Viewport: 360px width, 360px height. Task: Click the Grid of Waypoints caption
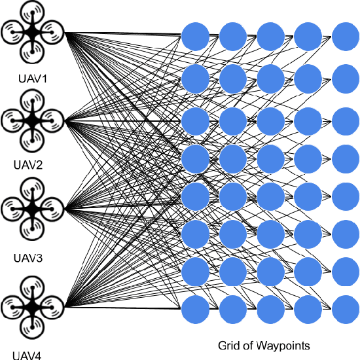[x=264, y=345]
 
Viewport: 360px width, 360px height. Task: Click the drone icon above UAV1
[x=32, y=31]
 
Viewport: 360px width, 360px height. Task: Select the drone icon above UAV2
[x=33, y=120]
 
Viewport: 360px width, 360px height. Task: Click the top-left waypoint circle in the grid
[x=194, y=36]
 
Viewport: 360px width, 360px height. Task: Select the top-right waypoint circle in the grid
[x=346, y=36]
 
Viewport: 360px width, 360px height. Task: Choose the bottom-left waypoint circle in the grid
[x=194, y=309]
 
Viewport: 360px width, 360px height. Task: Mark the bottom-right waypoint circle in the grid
[x=346, y=309]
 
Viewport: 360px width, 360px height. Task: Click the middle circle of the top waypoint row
[x=270, y=36]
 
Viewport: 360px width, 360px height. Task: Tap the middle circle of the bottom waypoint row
[x=270, y=309]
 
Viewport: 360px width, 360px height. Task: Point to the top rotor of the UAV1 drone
[x=33, y=11]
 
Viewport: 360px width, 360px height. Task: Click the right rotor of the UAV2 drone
[x=53, y=120]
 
